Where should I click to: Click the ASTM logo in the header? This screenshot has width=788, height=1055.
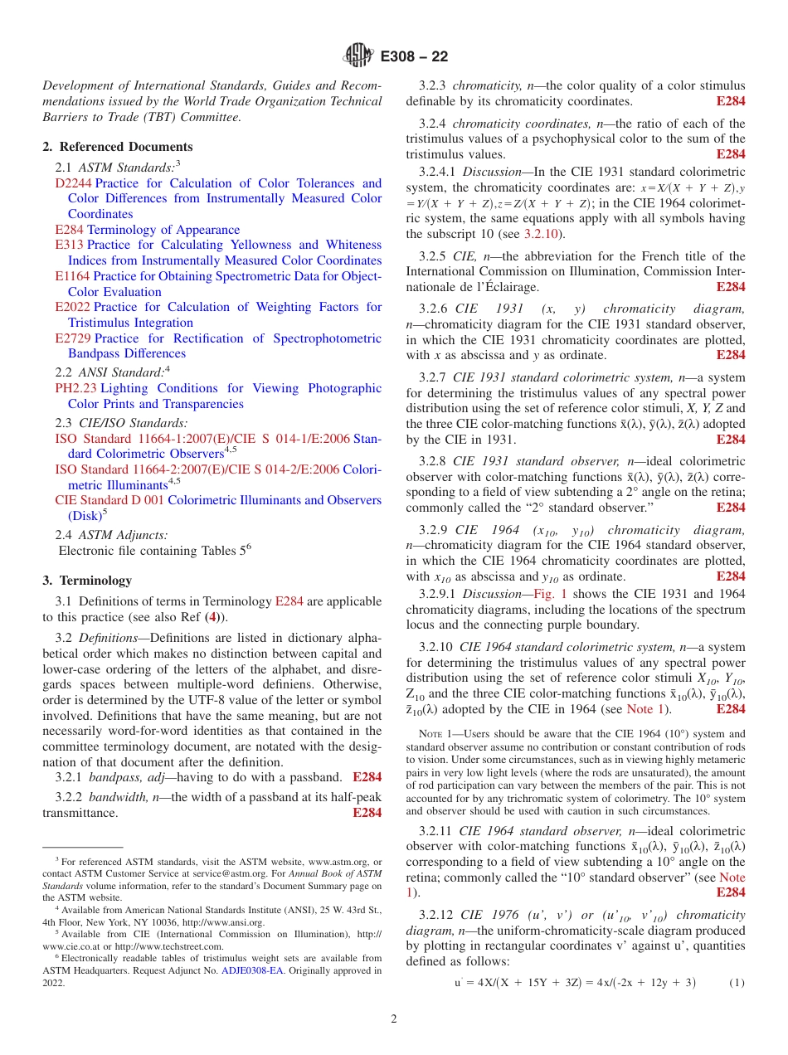pyautogui.click(x=359, y=56)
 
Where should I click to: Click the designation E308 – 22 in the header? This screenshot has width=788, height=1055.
pyautogui.click(x=414, y=56)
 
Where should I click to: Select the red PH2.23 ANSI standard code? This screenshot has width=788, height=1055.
pyautogui.click(x=75, y=388)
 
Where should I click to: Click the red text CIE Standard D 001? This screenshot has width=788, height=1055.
pyautogui.click(x=109, y=500)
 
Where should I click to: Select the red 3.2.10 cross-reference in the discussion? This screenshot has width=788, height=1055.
pyautogui.click(x=540, y=234)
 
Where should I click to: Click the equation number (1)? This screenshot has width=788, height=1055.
pyautogui.click(x=737, y=983)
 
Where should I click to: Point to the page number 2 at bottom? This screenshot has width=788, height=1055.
pyautogui.click(x=394, y=1019)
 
